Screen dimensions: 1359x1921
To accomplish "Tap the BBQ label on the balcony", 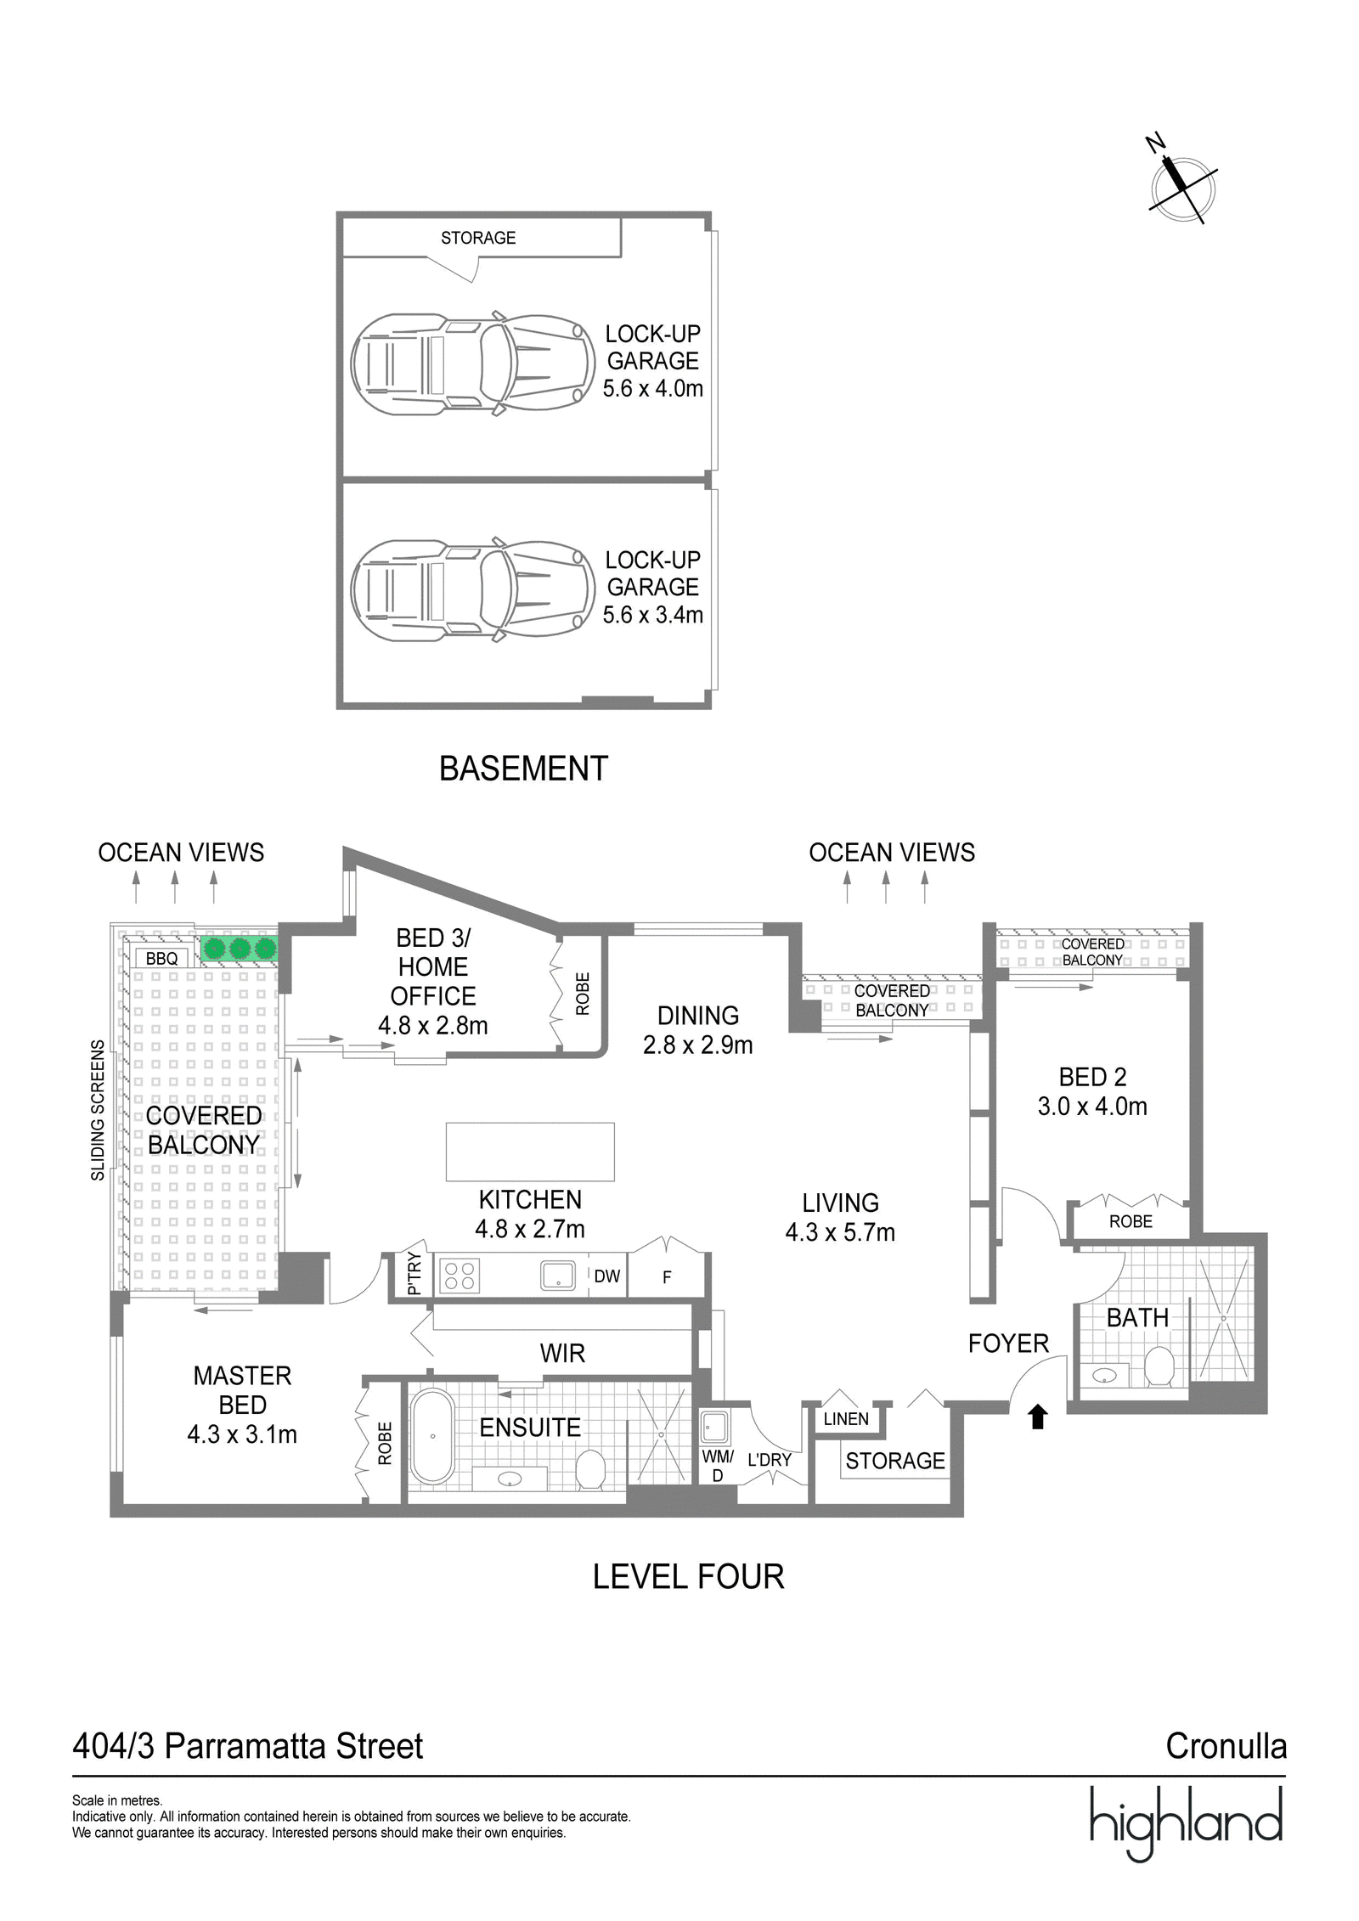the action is pos(161,959).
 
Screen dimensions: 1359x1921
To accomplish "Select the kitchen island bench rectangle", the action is pos(530,1152).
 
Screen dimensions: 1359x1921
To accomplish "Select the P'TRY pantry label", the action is pos(414,1274).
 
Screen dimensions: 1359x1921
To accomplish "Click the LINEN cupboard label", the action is pos(846,1419).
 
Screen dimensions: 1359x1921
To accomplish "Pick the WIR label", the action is pos(562,1354).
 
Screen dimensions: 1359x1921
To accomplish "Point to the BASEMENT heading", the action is pos(523,769).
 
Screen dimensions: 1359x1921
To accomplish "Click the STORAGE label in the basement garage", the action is pos(478,238).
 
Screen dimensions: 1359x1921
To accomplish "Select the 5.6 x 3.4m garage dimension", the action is pos(653,615).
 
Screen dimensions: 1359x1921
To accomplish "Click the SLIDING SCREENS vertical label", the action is pos(99,1110).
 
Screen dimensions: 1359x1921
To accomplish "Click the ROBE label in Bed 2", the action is pos(1131,1221).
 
